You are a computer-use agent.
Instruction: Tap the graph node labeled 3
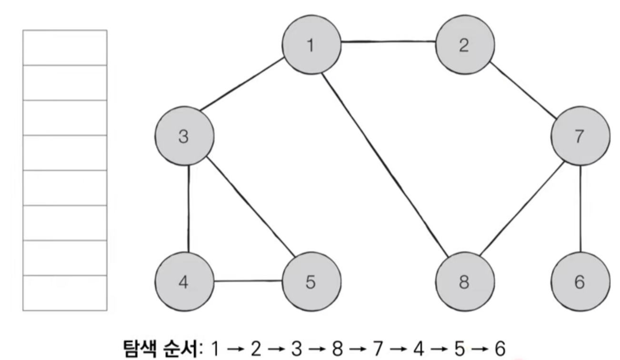[x=183, y=137]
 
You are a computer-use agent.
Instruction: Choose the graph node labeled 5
[x=311, y=282]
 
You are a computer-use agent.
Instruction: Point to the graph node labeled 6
[x=580, y=282]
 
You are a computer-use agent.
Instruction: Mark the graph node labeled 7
[x=580, y=137]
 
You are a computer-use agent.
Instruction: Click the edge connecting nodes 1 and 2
[x=388, y=42]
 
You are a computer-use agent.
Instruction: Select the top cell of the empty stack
[x=65, y=48]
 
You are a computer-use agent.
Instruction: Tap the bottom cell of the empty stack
[x=65, y=293]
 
